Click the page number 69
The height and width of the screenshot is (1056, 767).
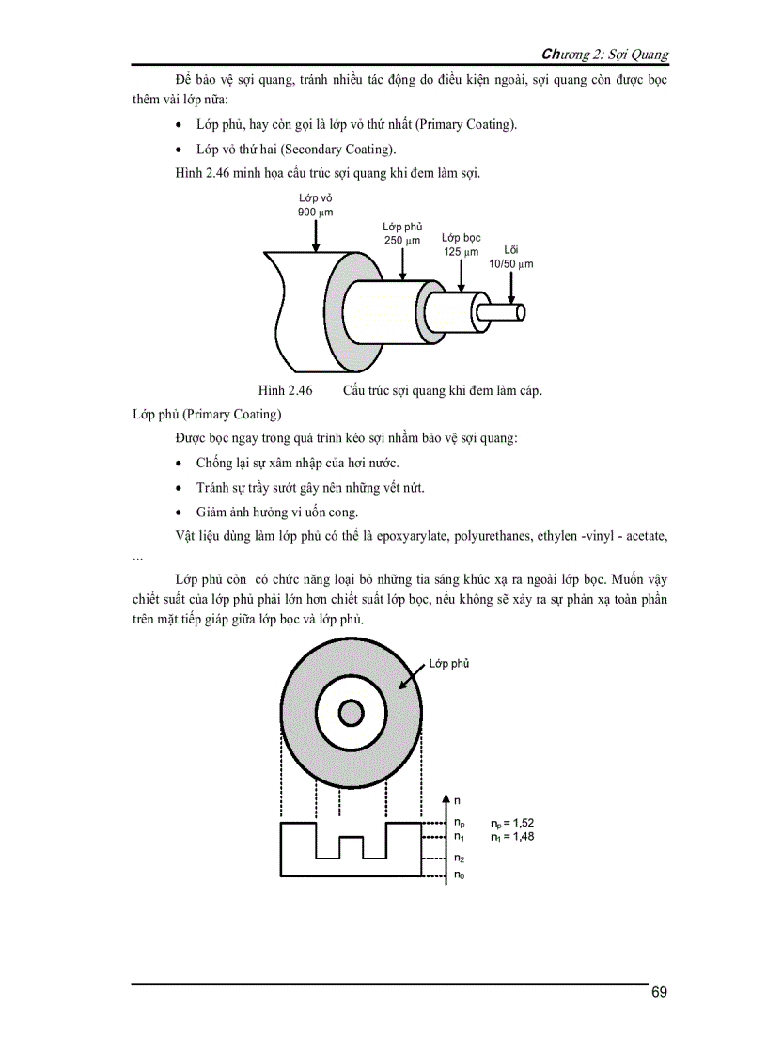(659, 993)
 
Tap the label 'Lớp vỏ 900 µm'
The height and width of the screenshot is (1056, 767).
(315, 205)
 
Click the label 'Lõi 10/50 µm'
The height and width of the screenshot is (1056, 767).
(511, 257)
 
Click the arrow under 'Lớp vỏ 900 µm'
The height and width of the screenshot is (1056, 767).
(316, 235)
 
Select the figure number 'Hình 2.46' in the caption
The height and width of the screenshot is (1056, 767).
(285, 390)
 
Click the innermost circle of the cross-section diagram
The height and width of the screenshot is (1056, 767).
(352, 712)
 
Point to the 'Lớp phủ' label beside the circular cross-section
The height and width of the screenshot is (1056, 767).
(449, 664)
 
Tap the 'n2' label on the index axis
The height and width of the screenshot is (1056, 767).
(459, 859)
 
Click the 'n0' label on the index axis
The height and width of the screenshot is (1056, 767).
(459, 876)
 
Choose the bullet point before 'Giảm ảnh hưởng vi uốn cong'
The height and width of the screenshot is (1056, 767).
(180, 512)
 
